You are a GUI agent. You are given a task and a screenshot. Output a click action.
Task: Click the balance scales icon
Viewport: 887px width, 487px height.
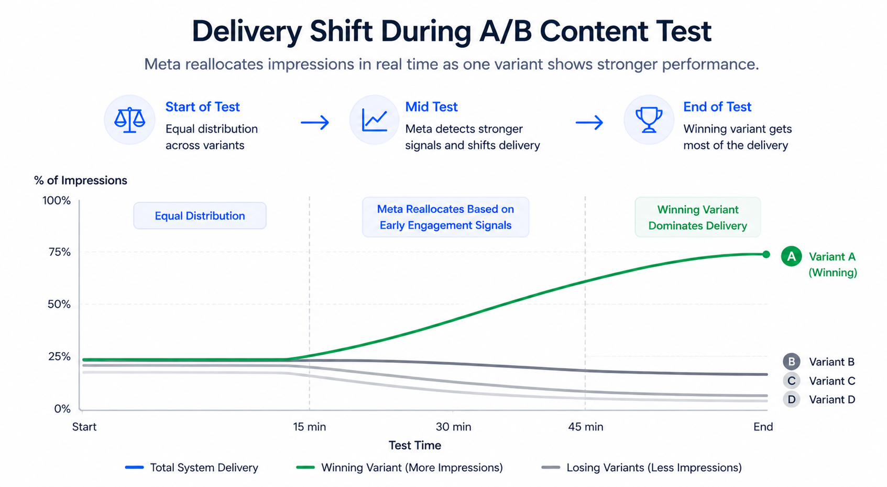[x=129, y=120]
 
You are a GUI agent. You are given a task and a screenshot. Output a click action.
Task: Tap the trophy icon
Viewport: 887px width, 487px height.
[x=649, y=120]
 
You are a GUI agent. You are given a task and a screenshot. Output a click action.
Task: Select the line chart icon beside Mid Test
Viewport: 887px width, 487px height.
[x=375, y=120]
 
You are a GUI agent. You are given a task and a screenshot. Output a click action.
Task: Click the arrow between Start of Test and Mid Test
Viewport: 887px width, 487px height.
[x=315, y=123]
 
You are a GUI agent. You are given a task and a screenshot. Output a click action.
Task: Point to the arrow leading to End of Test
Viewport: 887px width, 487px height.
[x=589, y=123]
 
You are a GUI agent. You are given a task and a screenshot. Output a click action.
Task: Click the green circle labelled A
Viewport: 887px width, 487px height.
[x=791, y=256]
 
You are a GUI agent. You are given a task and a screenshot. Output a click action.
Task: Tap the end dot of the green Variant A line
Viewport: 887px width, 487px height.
[x=766, y=254]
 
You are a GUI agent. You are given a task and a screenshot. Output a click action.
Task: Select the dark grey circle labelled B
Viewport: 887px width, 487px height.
[x=791, y=362]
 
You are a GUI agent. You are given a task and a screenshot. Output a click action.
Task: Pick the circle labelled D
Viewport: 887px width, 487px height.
[x=791, y=399]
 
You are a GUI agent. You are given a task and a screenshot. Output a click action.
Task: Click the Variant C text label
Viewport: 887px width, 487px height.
[x=831, y=381]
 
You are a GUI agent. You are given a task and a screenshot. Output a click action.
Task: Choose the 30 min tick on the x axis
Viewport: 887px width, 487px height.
[x=453, y=427]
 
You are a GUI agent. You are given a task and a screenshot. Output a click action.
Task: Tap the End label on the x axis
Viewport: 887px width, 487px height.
[x=763, y=427]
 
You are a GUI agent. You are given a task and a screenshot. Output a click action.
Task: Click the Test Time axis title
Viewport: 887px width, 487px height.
[x=414, y=446]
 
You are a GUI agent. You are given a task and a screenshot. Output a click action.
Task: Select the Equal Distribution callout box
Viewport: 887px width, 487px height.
[x=200, y=216]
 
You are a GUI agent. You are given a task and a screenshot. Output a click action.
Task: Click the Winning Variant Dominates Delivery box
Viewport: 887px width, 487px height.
[x=697, y=218]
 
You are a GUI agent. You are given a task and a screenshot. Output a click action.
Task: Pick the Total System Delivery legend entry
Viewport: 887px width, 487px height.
[x=192, y=468]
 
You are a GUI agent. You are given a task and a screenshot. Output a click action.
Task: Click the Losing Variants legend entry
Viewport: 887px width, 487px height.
[x=642, y=468]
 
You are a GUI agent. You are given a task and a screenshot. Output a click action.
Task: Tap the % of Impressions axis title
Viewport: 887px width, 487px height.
[x=81, y=180]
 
